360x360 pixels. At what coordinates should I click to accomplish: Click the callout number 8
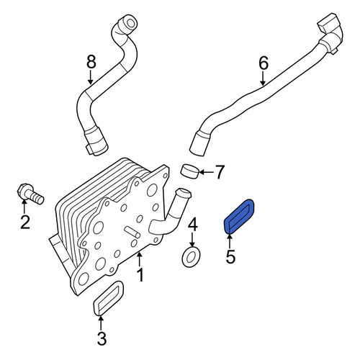(x=91, y=62)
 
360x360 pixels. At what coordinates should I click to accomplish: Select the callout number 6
(x=264, y=63)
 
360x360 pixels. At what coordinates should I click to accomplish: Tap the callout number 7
(x=220, y=172)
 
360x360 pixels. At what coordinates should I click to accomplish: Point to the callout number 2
(x=25, y=222)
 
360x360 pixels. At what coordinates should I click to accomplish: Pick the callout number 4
(x=192, y=224)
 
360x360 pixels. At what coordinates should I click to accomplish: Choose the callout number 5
(x=230, y=256)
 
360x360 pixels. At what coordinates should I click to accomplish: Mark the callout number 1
(x=140, y=275)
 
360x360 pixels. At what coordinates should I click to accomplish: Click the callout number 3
(x=102, y=338)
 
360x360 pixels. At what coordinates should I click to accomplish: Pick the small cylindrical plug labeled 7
(x=189, y=171)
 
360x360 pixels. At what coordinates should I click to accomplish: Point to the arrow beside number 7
(x=206, y=172)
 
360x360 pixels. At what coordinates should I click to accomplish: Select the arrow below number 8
(x=91, y=77)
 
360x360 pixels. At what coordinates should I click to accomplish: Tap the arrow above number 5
(x=230, y=241)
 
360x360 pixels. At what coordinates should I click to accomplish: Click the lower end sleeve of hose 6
(x=200, y=144)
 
